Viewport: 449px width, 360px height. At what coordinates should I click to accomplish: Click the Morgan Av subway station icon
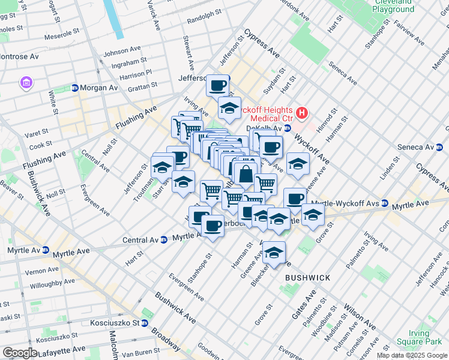74,88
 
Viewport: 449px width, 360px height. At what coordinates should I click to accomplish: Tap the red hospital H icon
302,112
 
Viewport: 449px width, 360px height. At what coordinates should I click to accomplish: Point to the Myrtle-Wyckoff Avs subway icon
384,204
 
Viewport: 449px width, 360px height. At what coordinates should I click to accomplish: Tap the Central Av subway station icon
163,240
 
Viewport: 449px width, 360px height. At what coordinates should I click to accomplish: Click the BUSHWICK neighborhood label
307,278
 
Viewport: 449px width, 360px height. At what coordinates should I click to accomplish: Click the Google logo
20,352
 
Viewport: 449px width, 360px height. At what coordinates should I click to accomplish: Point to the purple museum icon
25,82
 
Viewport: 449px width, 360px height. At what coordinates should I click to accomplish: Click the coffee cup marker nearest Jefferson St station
217,85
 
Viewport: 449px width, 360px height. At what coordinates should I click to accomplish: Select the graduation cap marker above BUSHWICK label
274,253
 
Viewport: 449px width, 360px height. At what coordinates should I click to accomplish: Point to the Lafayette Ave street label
62,349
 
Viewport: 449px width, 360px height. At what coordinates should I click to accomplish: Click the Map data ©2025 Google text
412,355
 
